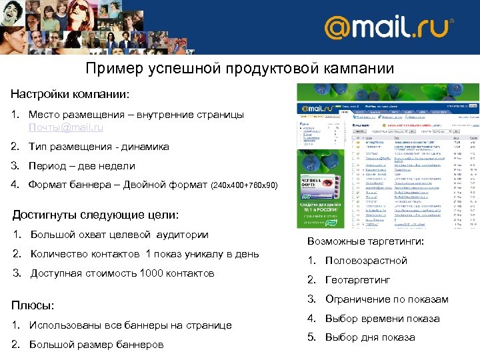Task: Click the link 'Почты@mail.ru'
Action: click(x=66, y=127)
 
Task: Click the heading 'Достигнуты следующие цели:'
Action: click(x=96, y=215)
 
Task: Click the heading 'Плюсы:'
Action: click(x=33, y=305)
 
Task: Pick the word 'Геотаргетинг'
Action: click(x=357, y=280)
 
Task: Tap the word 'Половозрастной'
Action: click(x=366, y=261)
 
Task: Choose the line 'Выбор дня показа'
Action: click(x=369, y=337)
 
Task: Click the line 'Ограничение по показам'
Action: click(x=387, y=299)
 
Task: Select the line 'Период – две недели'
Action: click(x=81, y=166)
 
